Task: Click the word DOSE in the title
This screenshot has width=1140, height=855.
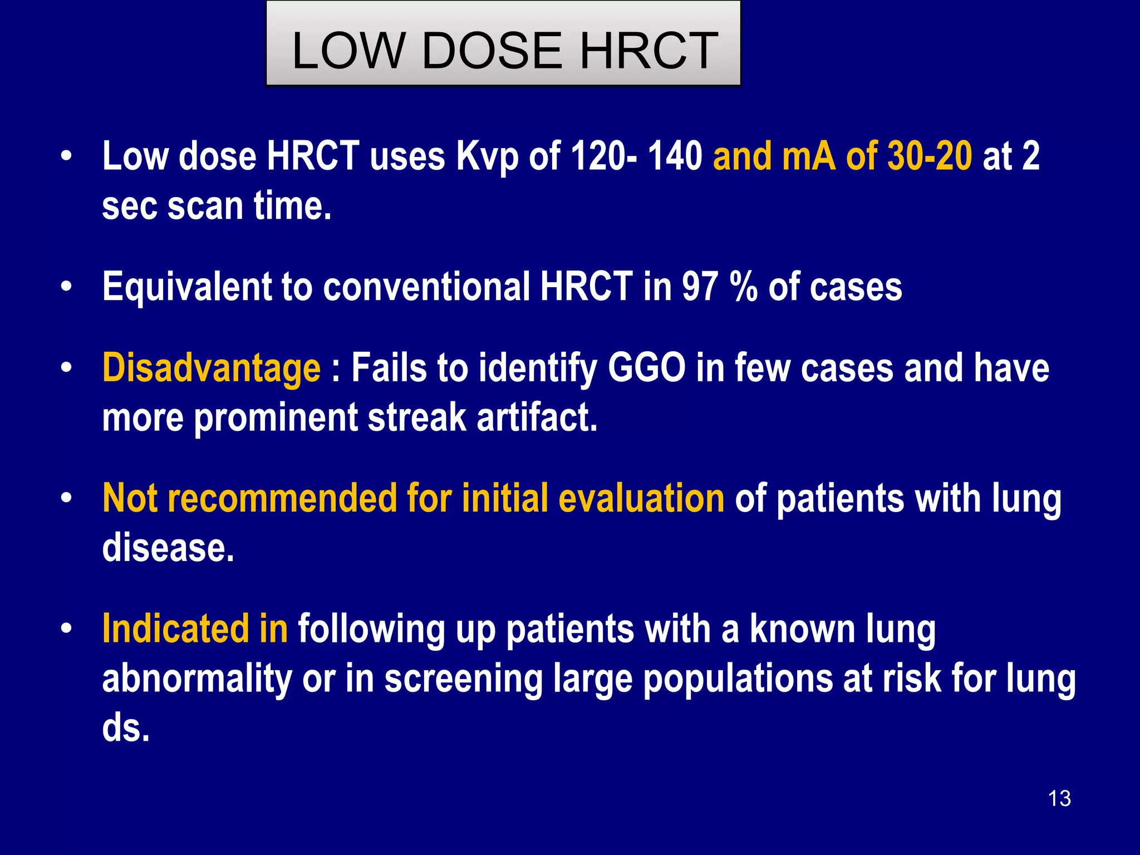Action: coord(492,51)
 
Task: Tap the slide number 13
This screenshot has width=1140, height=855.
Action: coord(1059,798)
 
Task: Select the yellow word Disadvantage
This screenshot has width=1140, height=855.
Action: coord(212,368)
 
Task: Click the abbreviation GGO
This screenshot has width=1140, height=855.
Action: coord(646,368)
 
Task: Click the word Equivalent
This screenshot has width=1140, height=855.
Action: coord(186,288)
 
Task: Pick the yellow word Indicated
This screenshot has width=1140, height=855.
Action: coord(175,629)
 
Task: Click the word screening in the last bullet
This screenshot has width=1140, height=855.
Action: coord(463,679)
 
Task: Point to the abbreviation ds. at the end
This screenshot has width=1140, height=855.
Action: coord(126,728)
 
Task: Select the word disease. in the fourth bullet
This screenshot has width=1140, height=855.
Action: coord(168,548)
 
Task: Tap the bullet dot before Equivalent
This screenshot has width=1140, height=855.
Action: coord(67,287)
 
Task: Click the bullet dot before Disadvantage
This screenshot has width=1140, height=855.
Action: coord(67,368)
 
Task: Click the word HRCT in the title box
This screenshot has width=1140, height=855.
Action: coord(649,51)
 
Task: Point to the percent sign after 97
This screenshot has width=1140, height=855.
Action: coord(744,288)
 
